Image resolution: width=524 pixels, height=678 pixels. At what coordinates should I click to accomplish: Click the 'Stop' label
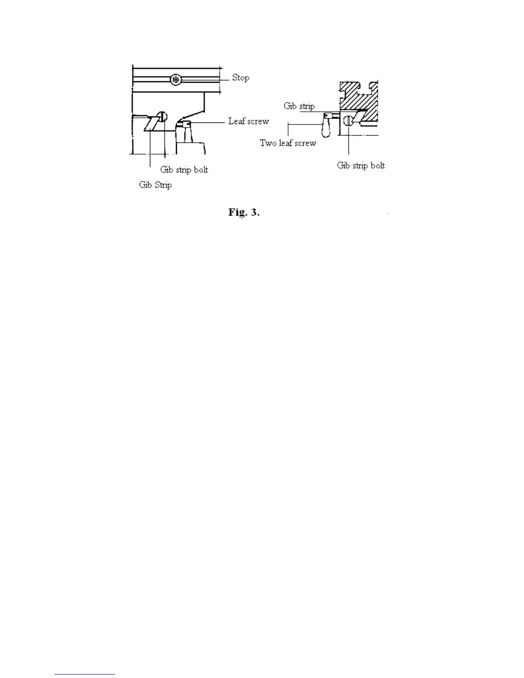click(x=240, y=77)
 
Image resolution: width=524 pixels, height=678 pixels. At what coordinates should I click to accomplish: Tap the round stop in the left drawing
click(x=176, y=80)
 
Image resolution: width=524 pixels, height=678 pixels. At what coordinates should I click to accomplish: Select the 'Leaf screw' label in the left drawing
click(x=248, y=121)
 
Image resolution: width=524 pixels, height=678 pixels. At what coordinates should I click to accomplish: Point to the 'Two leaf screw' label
click(x=288, y=143)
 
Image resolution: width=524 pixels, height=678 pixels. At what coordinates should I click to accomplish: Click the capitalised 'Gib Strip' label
click(x=155, y=185)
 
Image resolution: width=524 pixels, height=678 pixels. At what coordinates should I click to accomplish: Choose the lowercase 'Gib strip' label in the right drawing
click(x=299, y=106)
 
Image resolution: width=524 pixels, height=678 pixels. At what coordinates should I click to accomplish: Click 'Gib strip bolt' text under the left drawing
click(x=184, y=169)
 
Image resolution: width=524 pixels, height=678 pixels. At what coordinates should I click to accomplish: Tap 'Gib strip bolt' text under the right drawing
click(x=360, y=165)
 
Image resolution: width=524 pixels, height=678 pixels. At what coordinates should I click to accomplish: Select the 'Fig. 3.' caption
click(x=244, y=212)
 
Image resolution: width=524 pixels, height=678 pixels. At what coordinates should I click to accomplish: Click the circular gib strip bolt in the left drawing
click(x=162, y=116)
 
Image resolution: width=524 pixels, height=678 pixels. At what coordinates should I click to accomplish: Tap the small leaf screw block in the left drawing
click(x=186, y=124)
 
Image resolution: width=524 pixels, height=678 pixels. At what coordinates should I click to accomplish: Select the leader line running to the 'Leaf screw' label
click(x=208, y=122)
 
